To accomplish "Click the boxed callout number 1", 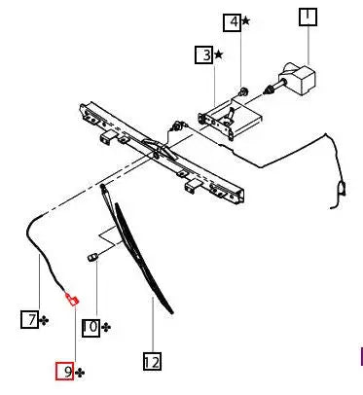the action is pos(307,18).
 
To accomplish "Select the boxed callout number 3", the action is pos(203,55).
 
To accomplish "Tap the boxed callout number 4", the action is pos(232,21).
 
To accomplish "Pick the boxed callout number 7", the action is pos(30,318).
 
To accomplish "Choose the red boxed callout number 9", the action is pos(64,371).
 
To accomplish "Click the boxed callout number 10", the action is pos(90,327).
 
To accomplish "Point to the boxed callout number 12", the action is pos(151,362).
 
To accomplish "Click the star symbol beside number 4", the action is pos(245,21).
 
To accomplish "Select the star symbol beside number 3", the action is pos(218,55).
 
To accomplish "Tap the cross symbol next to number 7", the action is pos(45,319).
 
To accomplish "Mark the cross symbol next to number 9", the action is pos(80,372).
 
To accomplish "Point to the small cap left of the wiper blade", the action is pos(92,256).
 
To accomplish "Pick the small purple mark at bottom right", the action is pos(361,356).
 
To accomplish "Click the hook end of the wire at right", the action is pos(341,189).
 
